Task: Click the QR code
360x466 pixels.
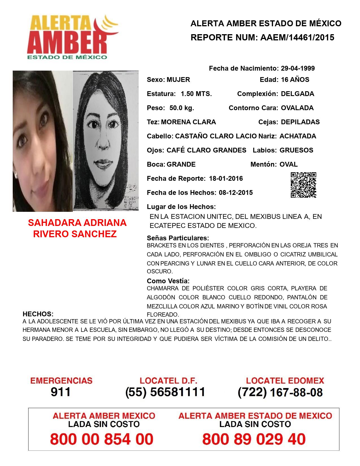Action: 304,185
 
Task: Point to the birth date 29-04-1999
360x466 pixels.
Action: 298,68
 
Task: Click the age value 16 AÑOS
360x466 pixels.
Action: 295,80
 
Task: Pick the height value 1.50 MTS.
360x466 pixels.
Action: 196,94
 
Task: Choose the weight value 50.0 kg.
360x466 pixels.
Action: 182,108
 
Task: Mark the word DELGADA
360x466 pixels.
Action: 297,94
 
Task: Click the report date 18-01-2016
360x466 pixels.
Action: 226,178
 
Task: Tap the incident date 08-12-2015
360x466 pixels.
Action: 236,193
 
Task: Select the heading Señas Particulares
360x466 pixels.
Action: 178,238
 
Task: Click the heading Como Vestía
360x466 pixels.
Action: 168,281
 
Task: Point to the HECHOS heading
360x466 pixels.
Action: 38,314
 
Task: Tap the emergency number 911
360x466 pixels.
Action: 60,392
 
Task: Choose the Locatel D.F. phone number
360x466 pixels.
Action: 165,392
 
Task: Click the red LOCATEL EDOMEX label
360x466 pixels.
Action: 285,381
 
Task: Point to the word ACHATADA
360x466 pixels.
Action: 298,136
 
